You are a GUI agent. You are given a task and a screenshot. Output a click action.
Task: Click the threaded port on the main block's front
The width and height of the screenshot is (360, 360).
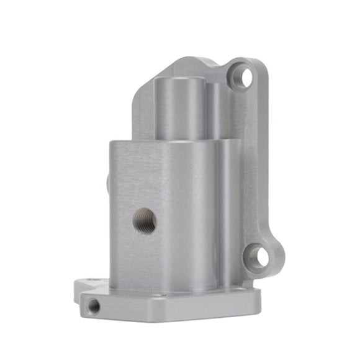[x=145, y=221]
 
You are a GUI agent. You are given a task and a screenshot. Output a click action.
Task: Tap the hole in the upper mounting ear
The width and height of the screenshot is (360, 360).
[x=245, y=78]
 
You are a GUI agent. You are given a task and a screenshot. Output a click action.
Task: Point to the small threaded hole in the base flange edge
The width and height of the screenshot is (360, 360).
[x=94, y=306]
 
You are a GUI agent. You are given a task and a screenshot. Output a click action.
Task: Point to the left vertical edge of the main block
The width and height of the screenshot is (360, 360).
[x=112, y=217]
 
